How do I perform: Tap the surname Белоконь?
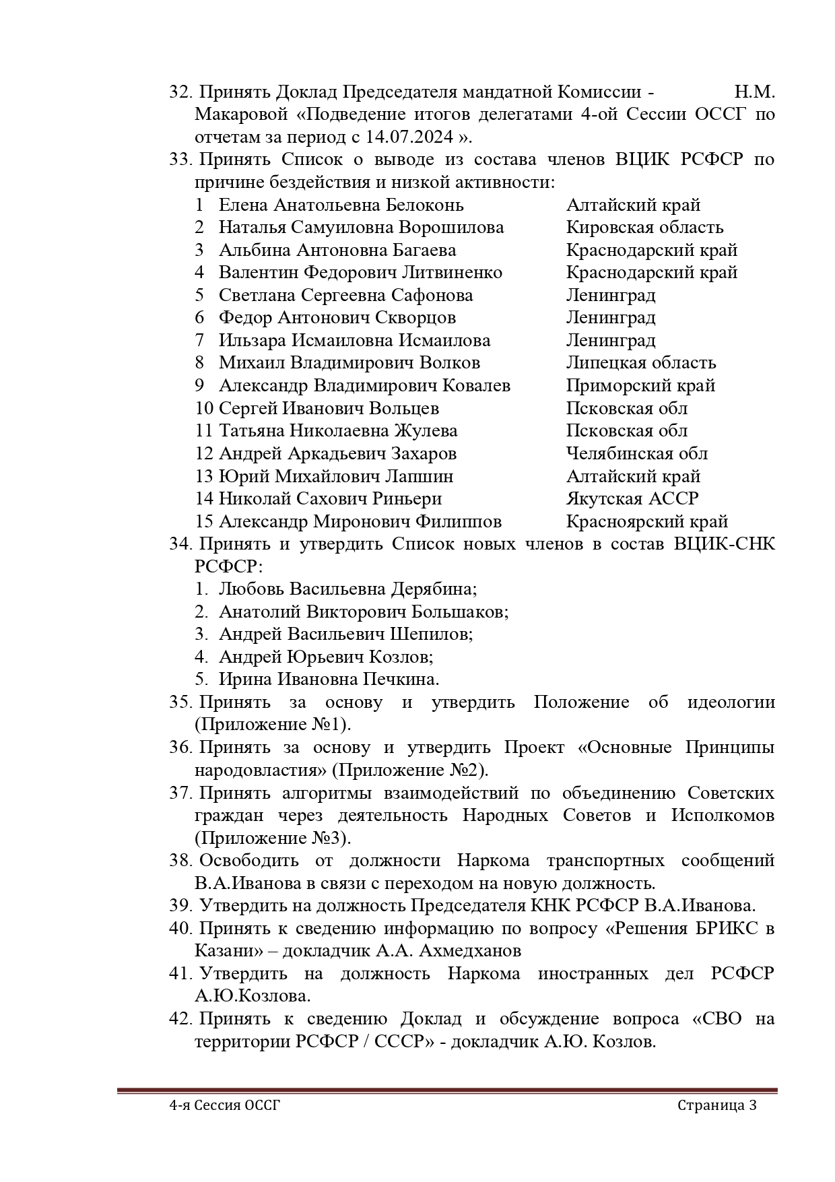click(x=425, y=205)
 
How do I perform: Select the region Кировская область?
click(x=644, y=228)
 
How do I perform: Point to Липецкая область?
click(x=640, y=363)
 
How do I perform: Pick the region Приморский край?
click(x=640, y=386)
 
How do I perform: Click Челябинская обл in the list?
click(x=636, y=454)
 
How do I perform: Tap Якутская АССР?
click(x=632, y=499)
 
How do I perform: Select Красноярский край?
click(x=647, y=522)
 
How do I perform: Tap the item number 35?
click(x=180, y=702)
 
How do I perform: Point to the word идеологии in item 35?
click(x=731, y=702)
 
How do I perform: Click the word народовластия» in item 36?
click(x=261, y=770)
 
